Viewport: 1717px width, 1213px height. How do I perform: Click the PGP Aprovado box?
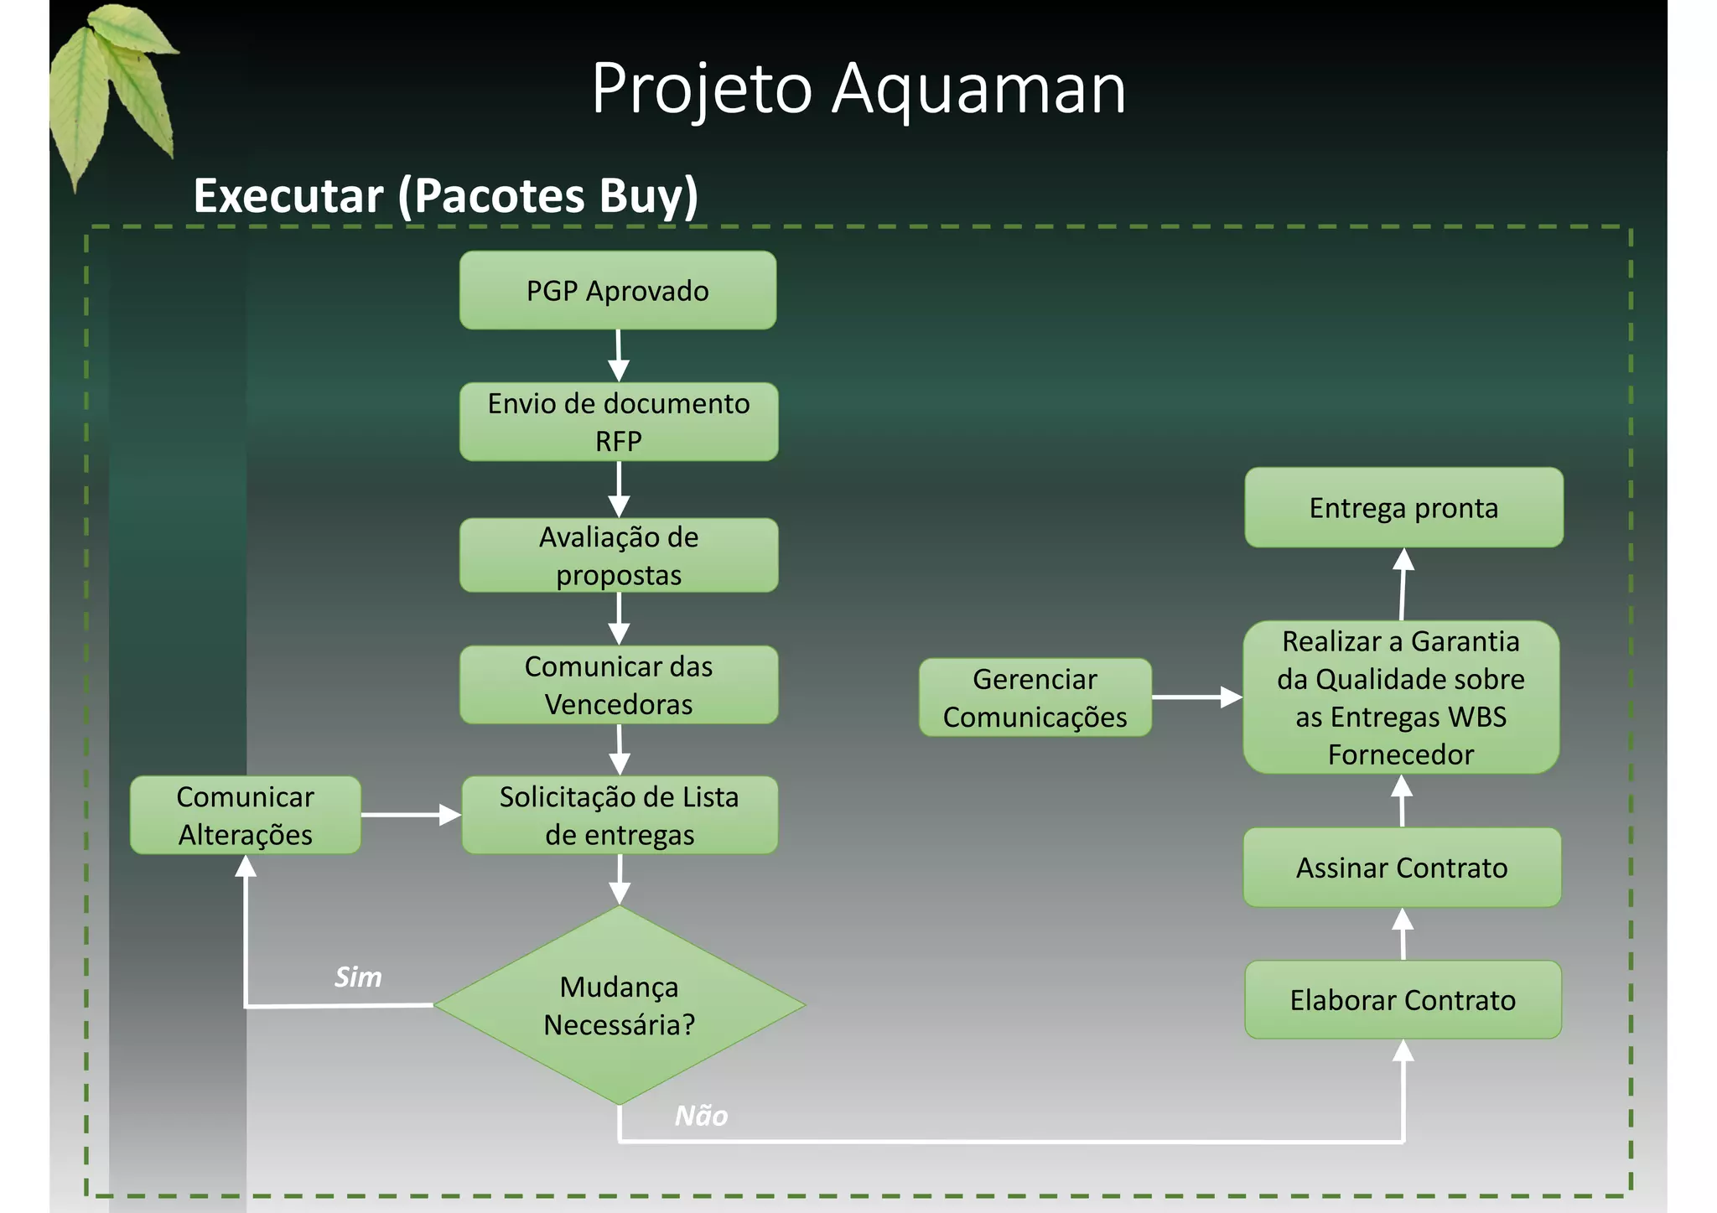click(x=618, y=290)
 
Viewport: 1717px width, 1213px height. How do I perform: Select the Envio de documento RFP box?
click(x=619, y=422)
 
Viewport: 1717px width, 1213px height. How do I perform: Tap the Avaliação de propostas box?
click(x=619, y=555)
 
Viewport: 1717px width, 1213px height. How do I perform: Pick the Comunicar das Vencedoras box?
click(x=619, y=685)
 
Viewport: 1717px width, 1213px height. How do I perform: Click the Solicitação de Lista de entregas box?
click(x=620, y=815)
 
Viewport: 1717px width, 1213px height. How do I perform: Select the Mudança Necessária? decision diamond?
click(x=620, y=1005)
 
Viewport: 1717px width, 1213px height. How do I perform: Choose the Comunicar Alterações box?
click(x=246, y=815)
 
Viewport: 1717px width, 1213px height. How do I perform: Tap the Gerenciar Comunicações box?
click(x=1035, y=697)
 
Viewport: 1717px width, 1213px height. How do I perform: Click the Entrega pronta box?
click(x=1403, y=507)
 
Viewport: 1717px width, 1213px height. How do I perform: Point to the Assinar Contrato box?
click(x=1402, y=868)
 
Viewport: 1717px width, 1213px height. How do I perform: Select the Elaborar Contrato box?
click(x=1403, y=1000)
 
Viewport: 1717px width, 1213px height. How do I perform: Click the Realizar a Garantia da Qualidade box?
click(x=1401, y=697)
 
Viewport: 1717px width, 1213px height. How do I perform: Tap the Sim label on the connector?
click(x=358, y=977)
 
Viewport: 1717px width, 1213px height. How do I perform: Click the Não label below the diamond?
click(x=701, y=1116)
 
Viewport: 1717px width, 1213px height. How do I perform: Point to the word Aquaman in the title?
click(x=978, y=89)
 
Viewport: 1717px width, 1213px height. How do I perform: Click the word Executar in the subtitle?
click(x=288, y=196)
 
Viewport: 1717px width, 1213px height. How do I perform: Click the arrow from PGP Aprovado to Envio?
click(x=619, y=355)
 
